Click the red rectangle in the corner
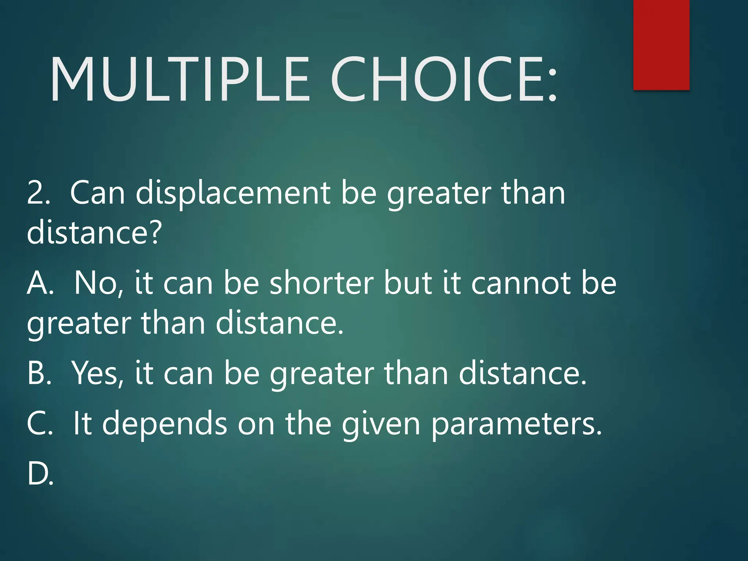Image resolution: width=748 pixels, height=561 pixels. pyautogui.click(x=661, y=45)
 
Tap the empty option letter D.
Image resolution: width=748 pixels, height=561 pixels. pyautogui.click(x=40, y=474)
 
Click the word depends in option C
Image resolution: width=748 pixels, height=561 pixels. pyautogui.click(x=164, y=424)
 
